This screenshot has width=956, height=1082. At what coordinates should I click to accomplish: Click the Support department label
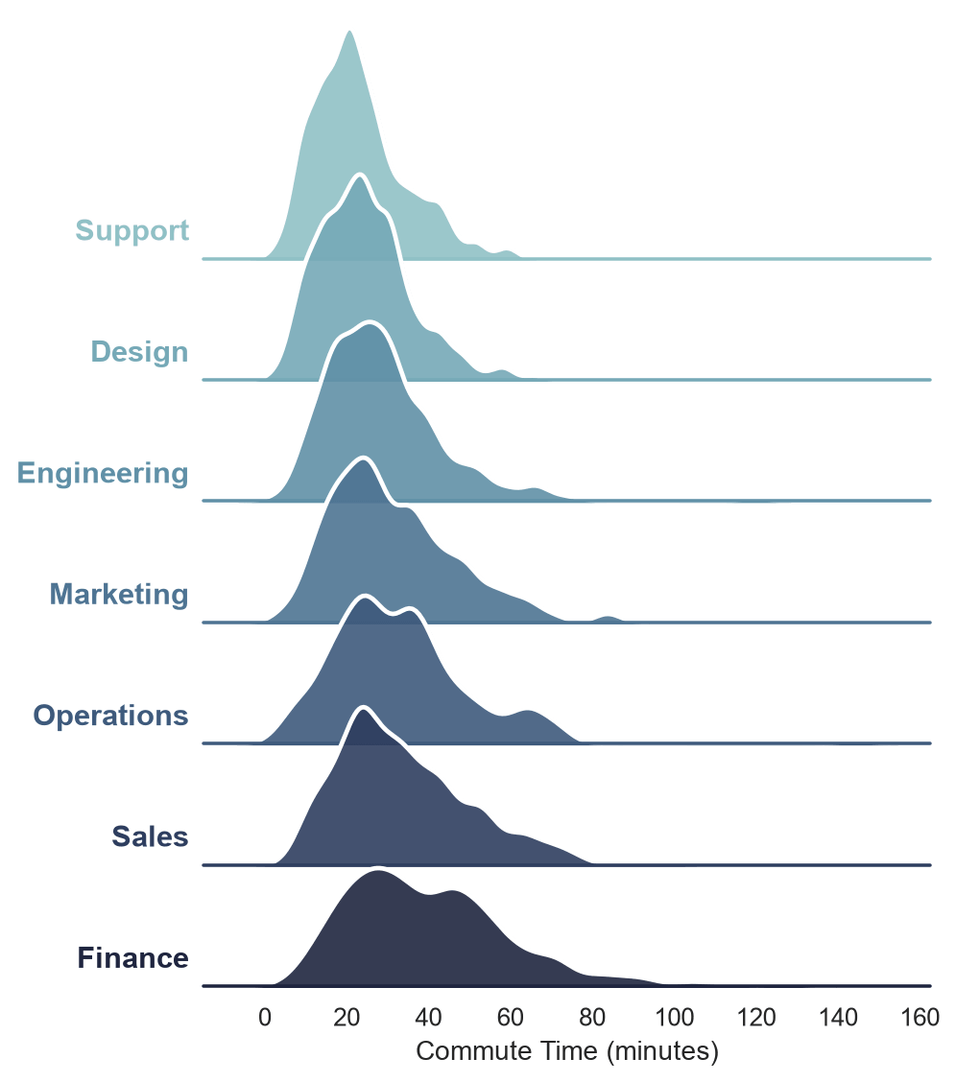[131, 231]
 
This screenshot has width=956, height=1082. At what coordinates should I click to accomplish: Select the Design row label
[139, 352]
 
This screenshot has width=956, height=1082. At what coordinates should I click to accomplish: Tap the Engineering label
[103, 474]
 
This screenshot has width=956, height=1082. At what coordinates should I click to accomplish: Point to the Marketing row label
[119, 594]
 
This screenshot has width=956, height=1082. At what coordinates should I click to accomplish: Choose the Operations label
[110, 717]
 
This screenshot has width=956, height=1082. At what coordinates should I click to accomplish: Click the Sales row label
[150, 837]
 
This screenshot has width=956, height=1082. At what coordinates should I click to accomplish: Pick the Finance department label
[132, 958]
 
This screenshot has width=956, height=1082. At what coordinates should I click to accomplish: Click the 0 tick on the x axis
[265, 1017]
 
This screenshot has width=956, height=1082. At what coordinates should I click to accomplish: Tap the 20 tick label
[347, 1017]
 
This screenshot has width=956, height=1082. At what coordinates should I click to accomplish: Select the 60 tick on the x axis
[510, 1017]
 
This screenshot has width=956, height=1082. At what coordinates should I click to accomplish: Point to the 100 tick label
[675, 1017]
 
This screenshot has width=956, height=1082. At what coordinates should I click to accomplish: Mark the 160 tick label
[920, 1017]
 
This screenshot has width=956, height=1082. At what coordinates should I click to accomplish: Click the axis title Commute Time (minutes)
[567, 1051]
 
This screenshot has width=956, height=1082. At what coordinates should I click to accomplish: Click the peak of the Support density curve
[349, 32]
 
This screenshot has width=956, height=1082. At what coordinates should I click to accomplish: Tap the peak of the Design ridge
[359, 176]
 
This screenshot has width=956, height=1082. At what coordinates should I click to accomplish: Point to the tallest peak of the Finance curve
[377, 872]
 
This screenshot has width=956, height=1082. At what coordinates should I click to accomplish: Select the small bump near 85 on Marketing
[608, 617]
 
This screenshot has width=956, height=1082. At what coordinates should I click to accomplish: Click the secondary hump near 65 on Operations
[528, 711]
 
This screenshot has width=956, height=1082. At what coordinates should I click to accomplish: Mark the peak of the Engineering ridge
[370, 322]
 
